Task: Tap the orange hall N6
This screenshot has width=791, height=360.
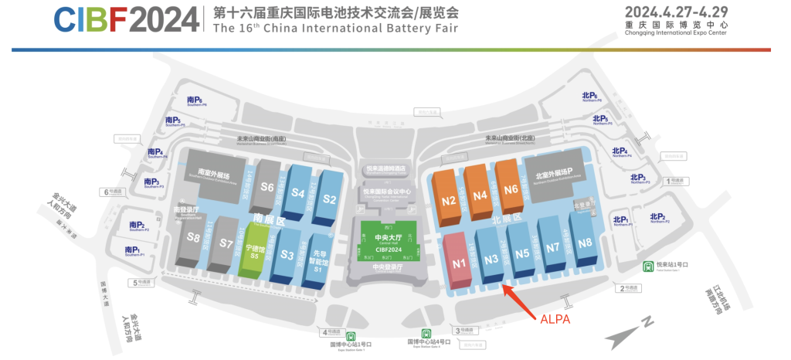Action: tap(511, 188)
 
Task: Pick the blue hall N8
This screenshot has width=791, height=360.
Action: tap(585, 242)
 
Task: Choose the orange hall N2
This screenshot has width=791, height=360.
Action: tap(449, 200)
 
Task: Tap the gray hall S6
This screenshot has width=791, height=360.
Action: tap(267, 186)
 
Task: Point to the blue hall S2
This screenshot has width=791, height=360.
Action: tap(330, 199)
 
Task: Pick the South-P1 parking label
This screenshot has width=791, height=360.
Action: tap(131, 250)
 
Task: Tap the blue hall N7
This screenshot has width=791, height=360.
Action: tap(552, 247)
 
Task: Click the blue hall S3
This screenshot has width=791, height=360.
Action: tap(286, 253)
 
